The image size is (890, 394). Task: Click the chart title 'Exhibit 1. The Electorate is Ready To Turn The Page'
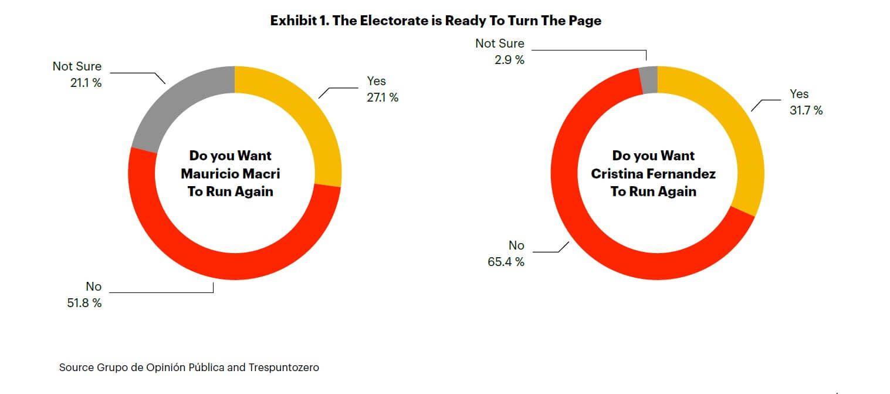(435, 21)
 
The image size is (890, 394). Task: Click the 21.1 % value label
(86, 83)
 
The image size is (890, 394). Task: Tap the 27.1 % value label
(383, 97)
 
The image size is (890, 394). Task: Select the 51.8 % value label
(86, 303)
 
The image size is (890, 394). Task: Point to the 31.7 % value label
(806, 110)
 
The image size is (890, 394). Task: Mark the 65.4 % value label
(506, 262)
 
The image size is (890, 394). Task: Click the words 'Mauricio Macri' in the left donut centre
(231, 174)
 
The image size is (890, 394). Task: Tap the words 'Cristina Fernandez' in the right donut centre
(654, 174)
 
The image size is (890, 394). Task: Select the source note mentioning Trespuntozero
(189, 368)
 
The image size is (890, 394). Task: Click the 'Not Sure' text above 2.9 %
(500, 43)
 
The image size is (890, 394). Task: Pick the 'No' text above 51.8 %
(94, 287)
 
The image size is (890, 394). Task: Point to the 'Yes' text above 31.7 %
(799, 94)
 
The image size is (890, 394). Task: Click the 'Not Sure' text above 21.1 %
(77, 66)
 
